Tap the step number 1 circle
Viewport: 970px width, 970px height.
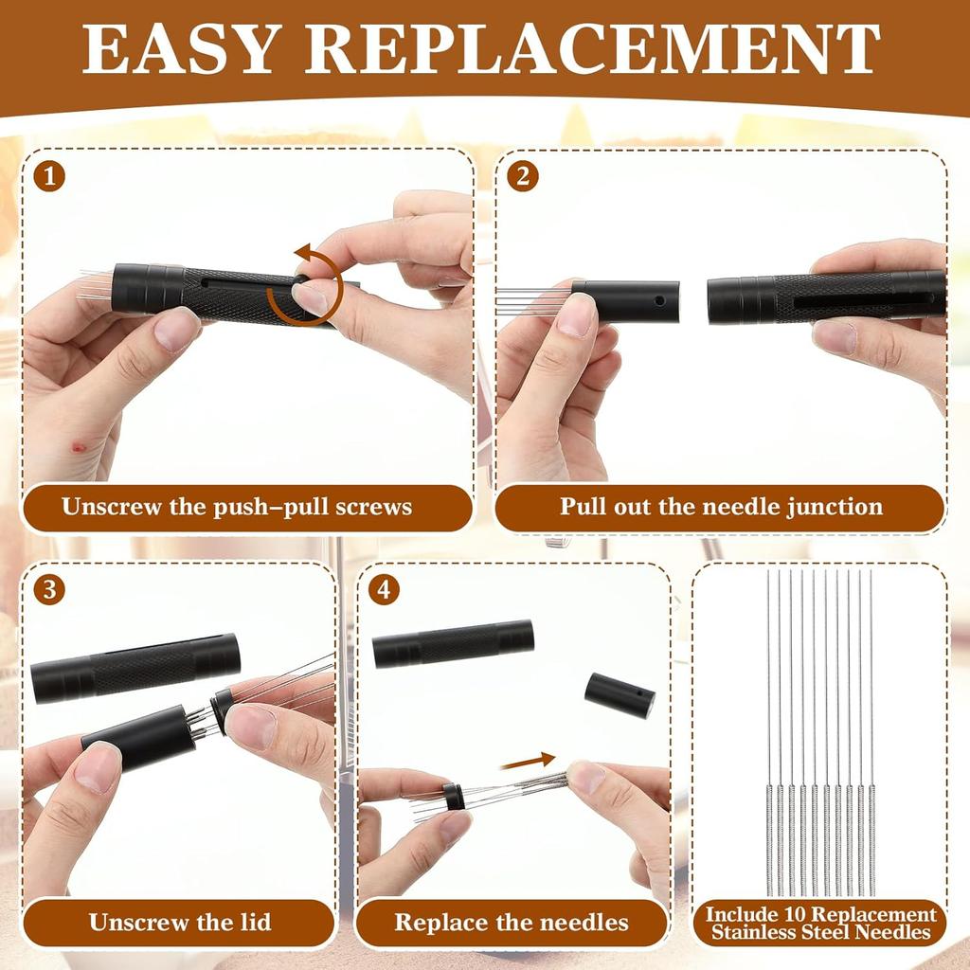coord(49,176)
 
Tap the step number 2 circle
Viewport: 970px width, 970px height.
coord(521,176)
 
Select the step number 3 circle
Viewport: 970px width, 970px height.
coord(49,589)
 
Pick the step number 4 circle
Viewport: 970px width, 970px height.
coord(383,589)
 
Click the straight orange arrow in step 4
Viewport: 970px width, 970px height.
coord(528,760)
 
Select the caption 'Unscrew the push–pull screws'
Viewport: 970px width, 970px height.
coord(237,507)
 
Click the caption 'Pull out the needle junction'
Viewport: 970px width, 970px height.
coord(720,507)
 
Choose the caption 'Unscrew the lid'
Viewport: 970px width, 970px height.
coord(180,922)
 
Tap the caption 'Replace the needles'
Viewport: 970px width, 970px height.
coord(511,922)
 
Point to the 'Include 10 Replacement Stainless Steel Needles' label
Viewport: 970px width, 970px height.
coord(820,923)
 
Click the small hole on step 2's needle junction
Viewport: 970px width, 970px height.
coord(659,300)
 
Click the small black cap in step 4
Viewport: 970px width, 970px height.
coord(620,694)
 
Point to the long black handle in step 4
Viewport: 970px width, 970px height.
coord(453,644)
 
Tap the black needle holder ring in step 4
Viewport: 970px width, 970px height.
coord(454,798)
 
